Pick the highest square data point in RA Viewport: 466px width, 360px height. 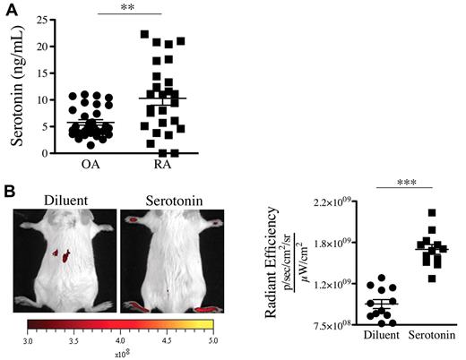[x=144, y=35]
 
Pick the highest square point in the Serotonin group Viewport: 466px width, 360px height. [x=432, y=213]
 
